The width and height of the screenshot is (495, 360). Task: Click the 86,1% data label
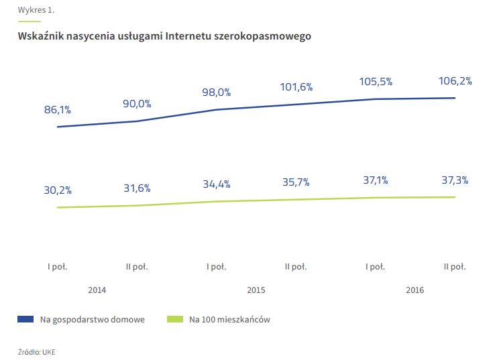coord(58,111)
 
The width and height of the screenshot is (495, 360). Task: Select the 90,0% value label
coord(137,104)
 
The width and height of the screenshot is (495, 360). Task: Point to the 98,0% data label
coord(217,93)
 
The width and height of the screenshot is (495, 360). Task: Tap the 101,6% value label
coord(296,87)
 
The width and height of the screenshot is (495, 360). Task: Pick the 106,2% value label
coord(455,81)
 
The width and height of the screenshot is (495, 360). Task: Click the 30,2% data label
coord(58,190)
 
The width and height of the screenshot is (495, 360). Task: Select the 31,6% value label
coord(137,188)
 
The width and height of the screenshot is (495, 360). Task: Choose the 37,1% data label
coord(376,180)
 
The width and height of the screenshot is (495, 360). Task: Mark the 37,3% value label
coord(455,180)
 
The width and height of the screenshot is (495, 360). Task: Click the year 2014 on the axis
coord(97,290)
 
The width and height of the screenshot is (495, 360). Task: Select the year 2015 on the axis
coord(256,290)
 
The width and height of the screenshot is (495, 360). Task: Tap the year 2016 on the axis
coord(415,290)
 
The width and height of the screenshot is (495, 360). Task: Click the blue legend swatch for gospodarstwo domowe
coord(25,320)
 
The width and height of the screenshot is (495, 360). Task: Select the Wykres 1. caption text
coord(36,10)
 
